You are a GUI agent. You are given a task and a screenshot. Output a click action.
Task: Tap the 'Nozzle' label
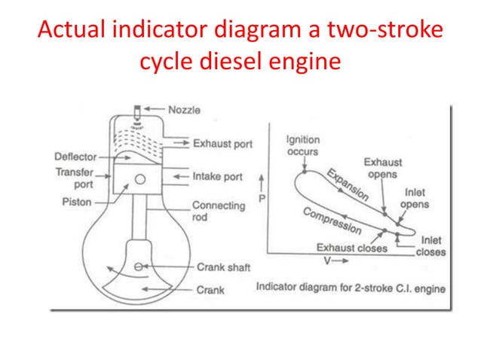coord(184,110)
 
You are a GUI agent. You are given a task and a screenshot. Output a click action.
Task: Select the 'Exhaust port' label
coord(222,142)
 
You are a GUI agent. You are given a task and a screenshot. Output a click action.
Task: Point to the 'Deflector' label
coord(75,157)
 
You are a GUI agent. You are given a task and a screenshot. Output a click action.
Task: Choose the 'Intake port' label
coord(218,176)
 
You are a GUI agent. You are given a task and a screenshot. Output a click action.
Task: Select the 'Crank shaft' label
coord(224,267)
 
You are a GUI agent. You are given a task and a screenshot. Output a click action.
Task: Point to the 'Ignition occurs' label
coord(302,145)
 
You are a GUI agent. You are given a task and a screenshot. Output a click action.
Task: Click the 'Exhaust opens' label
coord(383,168)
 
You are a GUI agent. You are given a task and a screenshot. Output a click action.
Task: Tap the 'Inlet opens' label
coord(415,198)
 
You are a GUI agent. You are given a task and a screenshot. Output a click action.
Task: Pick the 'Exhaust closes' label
coord(351,248)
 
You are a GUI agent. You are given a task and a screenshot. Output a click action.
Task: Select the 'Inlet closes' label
coord(430,246)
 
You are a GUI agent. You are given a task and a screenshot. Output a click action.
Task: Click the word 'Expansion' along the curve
coord(348,185)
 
